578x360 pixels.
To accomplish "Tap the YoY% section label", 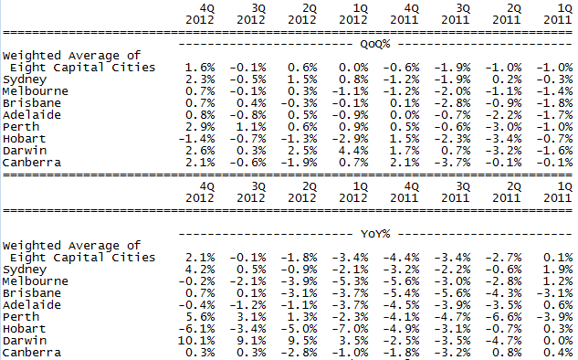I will click(375, 232).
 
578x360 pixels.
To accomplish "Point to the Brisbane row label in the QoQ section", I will click(31, 102).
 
